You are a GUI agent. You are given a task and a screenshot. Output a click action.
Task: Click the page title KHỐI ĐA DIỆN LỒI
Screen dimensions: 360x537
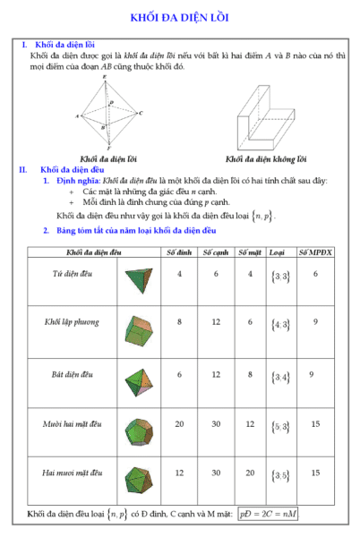pos(180,17)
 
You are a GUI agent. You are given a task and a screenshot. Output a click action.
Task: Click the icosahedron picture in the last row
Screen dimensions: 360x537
pos(137,474)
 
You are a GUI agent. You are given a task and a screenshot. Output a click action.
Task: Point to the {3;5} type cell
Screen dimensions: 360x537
pos(280,474)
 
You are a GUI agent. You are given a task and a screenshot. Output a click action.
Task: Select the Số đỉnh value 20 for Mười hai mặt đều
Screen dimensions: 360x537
pos(179,422)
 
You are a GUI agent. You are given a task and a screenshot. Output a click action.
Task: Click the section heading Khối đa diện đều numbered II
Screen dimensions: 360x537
pos(73,168)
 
